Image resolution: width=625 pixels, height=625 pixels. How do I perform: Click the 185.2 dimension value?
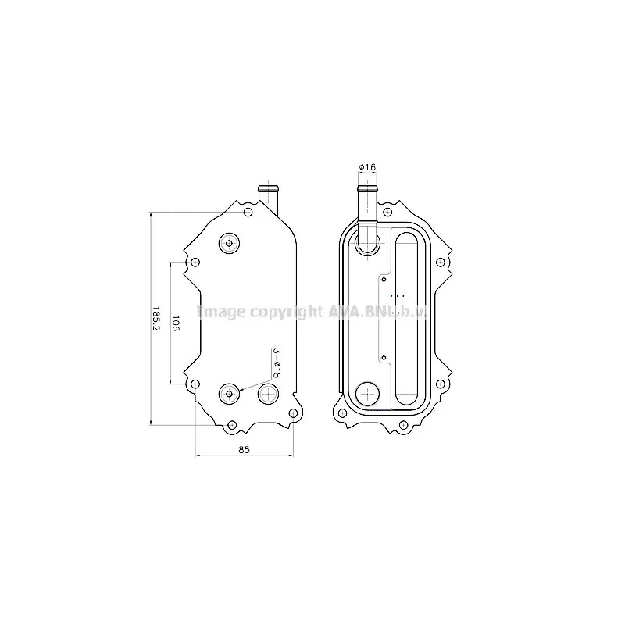tap(155, 319)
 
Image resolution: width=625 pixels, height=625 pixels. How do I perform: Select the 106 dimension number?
tap(176, 323)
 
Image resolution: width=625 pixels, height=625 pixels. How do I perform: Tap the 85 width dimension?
tap(244, 450)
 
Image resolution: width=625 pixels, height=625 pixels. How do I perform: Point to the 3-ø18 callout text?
tap(277, 363)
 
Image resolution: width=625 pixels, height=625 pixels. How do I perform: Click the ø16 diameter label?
tap(367, 167)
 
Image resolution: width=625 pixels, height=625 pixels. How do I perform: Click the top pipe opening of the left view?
tap(268, 188)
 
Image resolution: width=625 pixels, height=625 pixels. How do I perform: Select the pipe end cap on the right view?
tap(367, 188)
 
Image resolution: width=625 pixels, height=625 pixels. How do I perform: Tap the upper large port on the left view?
tap(229, 243)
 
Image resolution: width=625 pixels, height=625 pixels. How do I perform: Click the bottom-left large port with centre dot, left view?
tap(229, 394)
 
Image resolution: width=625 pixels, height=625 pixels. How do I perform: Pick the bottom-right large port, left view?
tap(268, 394)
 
